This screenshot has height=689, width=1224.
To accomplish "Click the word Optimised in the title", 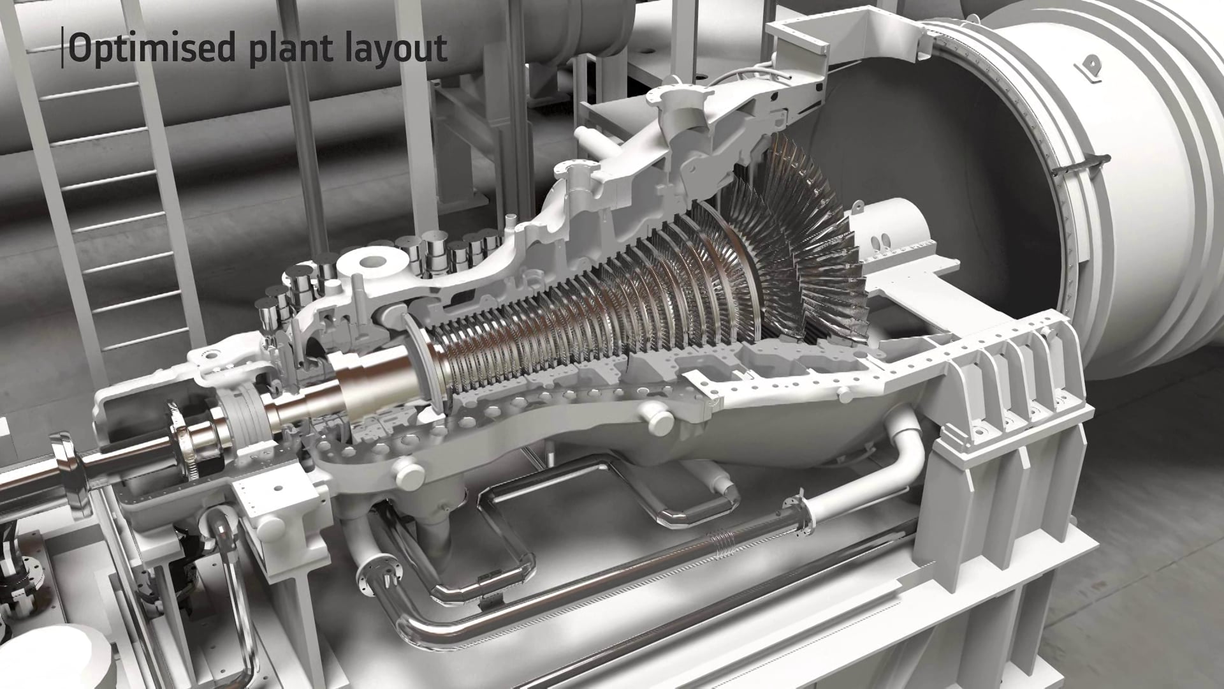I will tap(153, 48).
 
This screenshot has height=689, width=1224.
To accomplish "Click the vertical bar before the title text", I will tap(62, 47).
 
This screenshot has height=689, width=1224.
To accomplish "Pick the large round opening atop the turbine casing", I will tap(376, 263).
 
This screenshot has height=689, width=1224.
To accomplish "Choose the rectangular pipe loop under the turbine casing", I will tap(504, 504).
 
